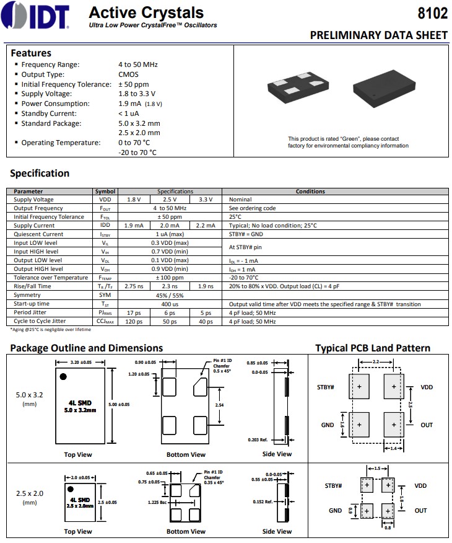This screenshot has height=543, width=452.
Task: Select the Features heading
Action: point(31,53)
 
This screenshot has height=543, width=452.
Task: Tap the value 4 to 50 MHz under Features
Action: point(138,64)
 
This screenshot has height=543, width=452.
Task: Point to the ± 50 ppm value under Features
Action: point(134,84)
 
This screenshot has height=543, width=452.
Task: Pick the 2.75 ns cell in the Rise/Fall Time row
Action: point(134,286)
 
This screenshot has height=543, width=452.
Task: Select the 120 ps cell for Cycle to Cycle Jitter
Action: point(134,321)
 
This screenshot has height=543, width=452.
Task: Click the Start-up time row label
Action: point(32,304)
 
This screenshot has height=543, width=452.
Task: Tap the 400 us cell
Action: point(170,304)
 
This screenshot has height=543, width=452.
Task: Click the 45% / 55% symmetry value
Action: point(170,295)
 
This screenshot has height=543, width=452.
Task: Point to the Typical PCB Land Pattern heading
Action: point(373,348)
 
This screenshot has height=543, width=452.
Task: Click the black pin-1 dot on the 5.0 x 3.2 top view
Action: point(63,376)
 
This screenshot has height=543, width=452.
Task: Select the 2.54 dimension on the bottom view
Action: point(219,404)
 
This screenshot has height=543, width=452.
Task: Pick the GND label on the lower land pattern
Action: point(336,511)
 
